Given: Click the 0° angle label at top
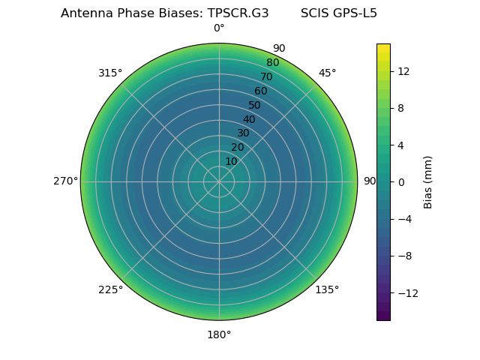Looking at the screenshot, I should [x=219, y=28].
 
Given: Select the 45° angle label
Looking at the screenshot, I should [x=327, y=73].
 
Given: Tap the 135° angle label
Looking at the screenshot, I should [x=327, y=289].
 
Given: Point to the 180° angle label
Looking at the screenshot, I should [x=219, y=334].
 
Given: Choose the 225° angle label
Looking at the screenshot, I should [x=110, y=289].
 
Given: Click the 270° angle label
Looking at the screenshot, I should [x=65, y=181].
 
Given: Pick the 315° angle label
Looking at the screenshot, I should [x=110, y=73].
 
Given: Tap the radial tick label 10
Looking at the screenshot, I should [x=231, y=161].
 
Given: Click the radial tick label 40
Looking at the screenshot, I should [x=249, y=119].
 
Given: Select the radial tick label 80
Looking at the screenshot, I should [x=272, y=62].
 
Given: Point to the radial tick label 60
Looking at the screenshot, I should [x=260, y=91].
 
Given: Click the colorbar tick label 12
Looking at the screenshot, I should [x=403, y=71].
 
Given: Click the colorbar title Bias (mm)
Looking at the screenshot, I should [x=428, y=181].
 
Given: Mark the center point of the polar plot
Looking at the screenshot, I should [x=219, y=181].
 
